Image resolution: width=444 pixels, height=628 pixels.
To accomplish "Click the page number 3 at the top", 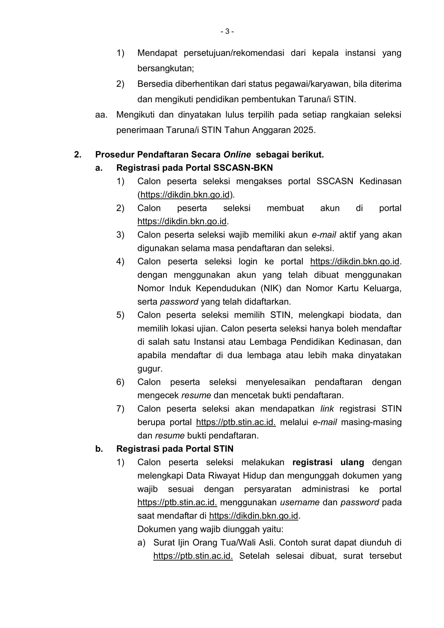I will [227, 32].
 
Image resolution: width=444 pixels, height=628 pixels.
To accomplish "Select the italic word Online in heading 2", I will [237, 155].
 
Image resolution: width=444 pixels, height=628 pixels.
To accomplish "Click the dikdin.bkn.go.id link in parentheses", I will [185, 195].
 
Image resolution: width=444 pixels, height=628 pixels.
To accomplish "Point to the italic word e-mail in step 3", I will [324, 235].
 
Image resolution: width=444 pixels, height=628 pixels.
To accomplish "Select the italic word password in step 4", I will [179, 302].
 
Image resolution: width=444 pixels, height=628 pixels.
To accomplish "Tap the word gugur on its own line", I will [150, 369].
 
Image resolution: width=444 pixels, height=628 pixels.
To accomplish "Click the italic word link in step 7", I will [327, 409].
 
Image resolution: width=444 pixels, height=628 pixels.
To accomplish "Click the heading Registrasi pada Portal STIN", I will [175, 449].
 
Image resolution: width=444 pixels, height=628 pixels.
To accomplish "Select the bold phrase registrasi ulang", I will [328, 462].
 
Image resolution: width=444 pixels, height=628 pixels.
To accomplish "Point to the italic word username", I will [300, 502].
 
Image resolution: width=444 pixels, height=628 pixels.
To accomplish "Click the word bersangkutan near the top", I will [165, 68].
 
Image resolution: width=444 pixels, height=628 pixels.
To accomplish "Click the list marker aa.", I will [101, 115].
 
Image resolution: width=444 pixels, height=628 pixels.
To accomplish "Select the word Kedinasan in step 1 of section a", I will [380, 181].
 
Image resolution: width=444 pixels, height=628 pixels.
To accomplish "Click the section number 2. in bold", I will [78, 155].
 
